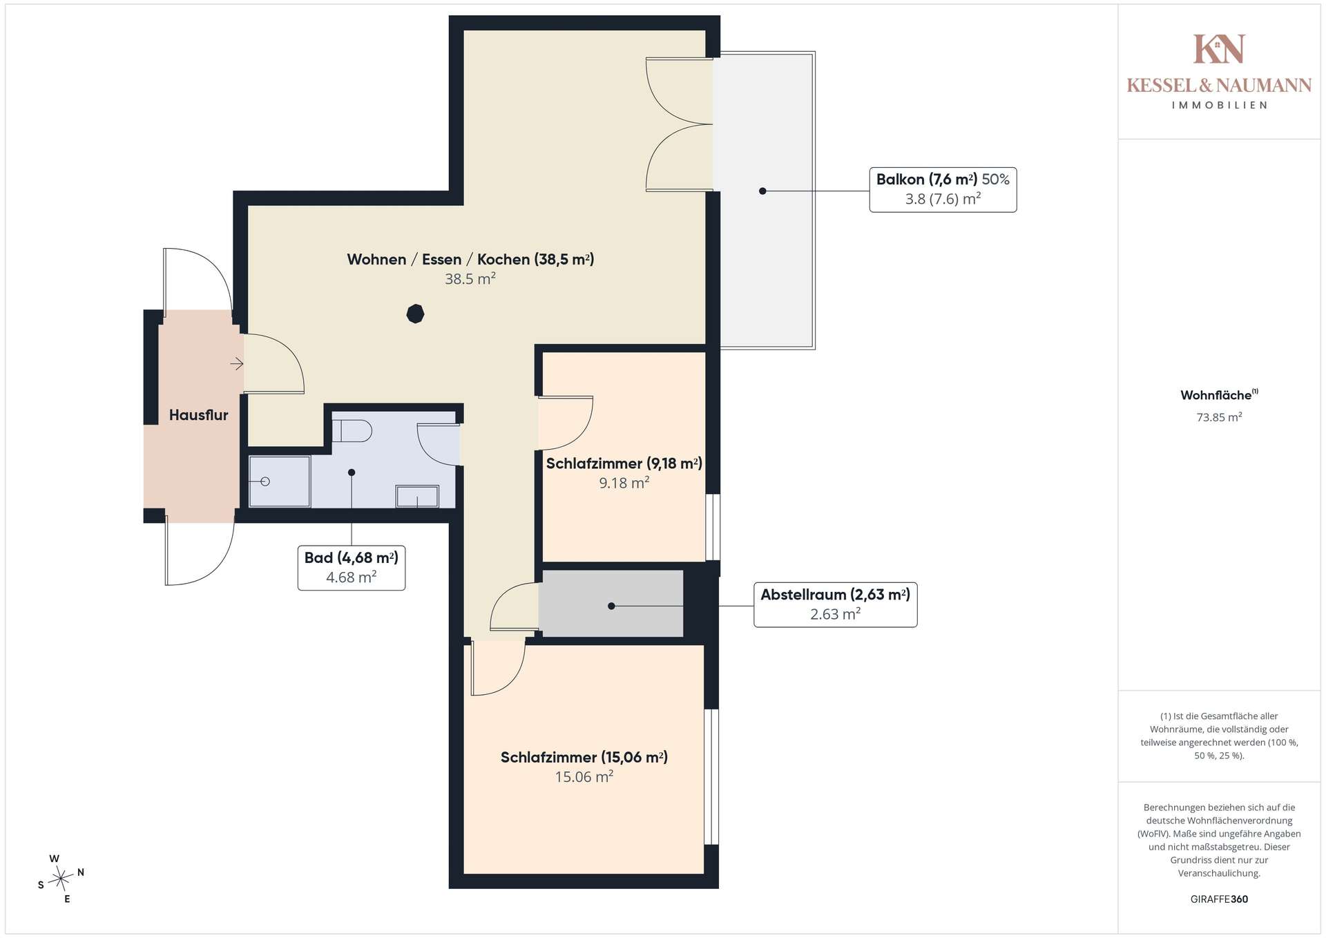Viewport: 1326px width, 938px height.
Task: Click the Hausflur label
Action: pyautogui.click(x=198, y=415)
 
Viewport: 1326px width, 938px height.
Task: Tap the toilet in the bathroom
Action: pyautogui.click(x=352, y=430)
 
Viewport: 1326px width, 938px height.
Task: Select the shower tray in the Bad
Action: pyautogui.click(x=279, y=481)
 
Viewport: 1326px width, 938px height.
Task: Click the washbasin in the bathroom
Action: pyautogui.click(x=417, y=497)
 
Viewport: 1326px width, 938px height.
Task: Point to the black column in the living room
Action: pyautogui.click(x=415, y=314)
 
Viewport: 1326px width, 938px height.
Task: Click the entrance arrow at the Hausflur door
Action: pyautogui.click(x=237, y=363)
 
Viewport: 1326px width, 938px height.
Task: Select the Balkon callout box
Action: pyautogui.click(x=943, y=189)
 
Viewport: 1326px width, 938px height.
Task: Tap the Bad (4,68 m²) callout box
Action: pyautogui.click(x=351, y=568)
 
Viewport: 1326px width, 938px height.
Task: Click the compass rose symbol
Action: pyautogui.click(x=61, y=879)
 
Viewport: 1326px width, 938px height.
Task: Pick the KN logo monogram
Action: pyautogui.click(x=1219, y=49)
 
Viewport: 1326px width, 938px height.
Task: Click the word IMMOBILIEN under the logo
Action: pyautogui.click(x=1219, y=106)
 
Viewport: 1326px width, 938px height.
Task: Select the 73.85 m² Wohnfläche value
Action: pyautogui.click(x=1219, y=417)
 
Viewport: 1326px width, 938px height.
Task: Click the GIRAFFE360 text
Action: pyautogui.click(x=1219, y=899)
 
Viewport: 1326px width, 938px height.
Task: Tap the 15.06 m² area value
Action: pyautogui.click(x=584, y=777)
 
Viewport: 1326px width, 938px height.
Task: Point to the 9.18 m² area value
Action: pyautogui.click(x=624, y=483)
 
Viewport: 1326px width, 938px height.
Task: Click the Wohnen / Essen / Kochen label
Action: pyautogui.click(x=470, y=259)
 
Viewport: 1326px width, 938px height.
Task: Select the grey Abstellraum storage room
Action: pyautogui.click(x=611, y=603)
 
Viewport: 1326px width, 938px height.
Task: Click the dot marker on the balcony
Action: pyautogui.click(x=762, y=191)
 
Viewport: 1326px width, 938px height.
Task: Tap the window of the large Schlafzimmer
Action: pyautogui.click(x=711, y=776)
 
